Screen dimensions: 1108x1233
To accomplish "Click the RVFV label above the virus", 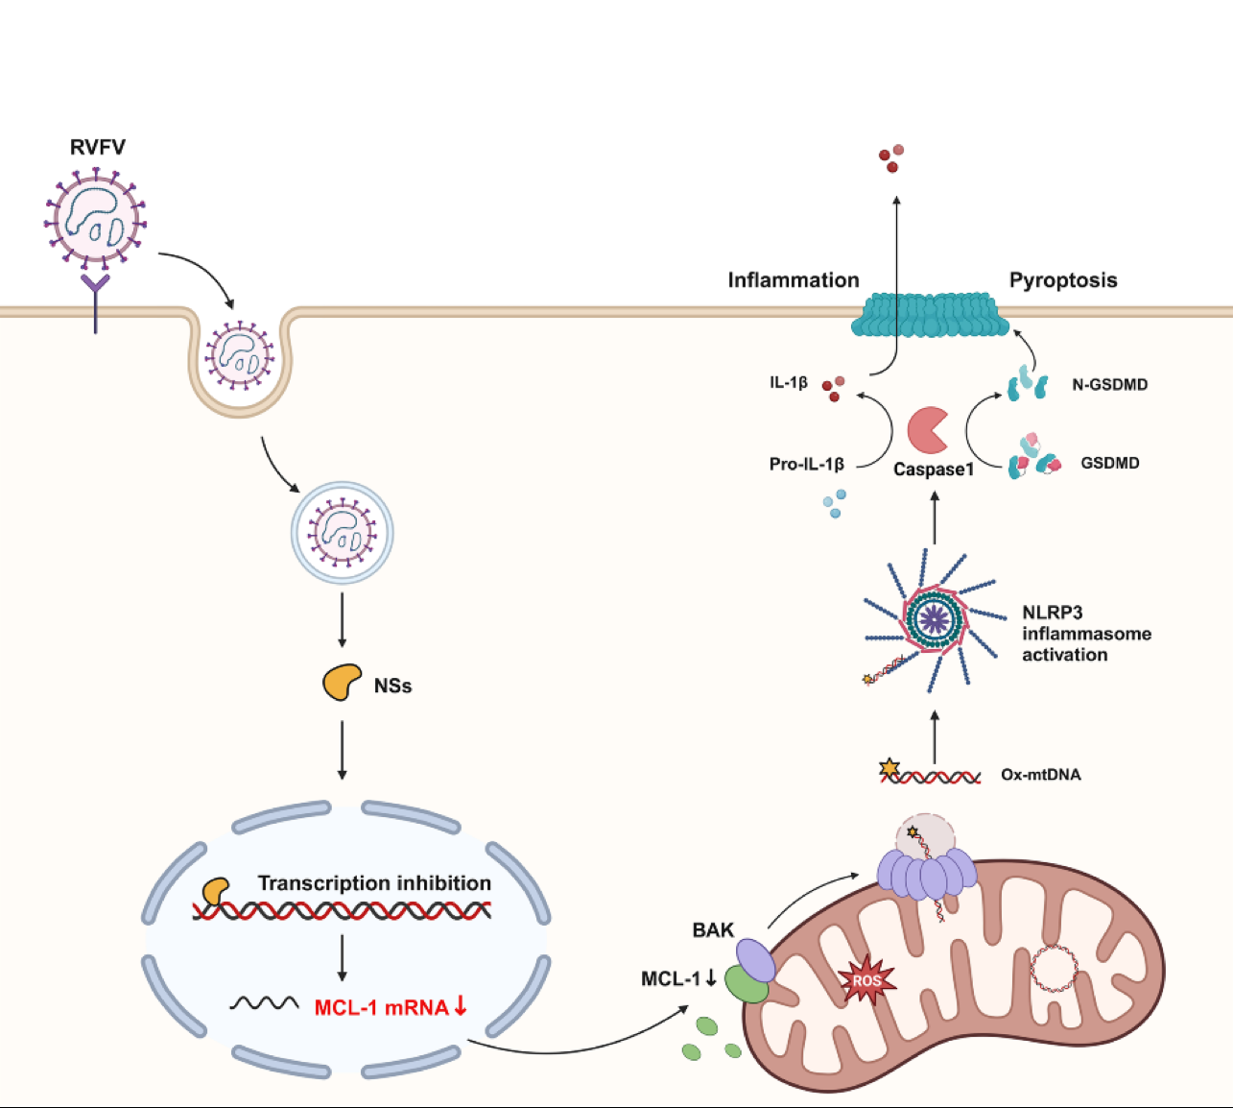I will pos(97,147).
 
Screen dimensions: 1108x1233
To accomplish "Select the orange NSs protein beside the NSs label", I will pos(342,683).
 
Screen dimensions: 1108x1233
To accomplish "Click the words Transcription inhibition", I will pos(374,883).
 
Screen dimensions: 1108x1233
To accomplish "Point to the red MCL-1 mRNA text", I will pos(382,1007).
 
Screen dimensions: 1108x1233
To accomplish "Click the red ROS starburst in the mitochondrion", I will pos(866,980).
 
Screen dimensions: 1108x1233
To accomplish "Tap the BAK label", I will pos(713,929).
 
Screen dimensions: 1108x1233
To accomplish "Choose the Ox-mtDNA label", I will pos(1040,775).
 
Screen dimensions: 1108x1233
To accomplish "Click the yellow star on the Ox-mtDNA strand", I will pos(889,768).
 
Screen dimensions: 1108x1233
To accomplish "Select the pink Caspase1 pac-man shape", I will pos(927,430).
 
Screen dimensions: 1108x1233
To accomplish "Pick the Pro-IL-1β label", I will pos(806,464).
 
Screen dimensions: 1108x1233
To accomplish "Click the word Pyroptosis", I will pos(1063,280).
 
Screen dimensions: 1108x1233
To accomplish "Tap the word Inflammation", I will pos(794,280).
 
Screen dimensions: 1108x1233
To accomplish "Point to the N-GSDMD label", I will pos(1109,385).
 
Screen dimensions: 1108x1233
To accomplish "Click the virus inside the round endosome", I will pos(343,533).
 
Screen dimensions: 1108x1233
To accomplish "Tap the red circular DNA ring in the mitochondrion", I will pos(1054,969).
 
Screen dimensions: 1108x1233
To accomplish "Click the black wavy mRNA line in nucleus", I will pos(264,1003).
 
